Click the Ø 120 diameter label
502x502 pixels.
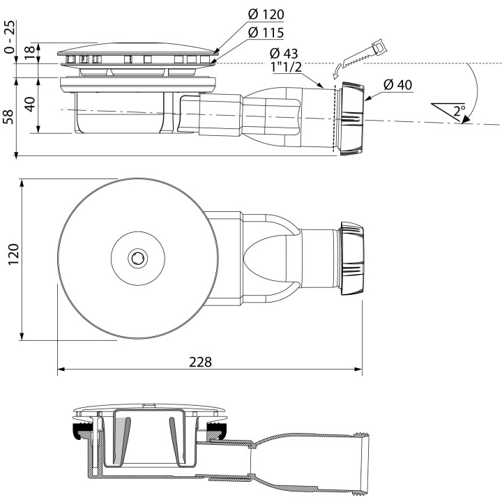click(267, 15)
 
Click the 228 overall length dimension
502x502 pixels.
click(200, 363)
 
